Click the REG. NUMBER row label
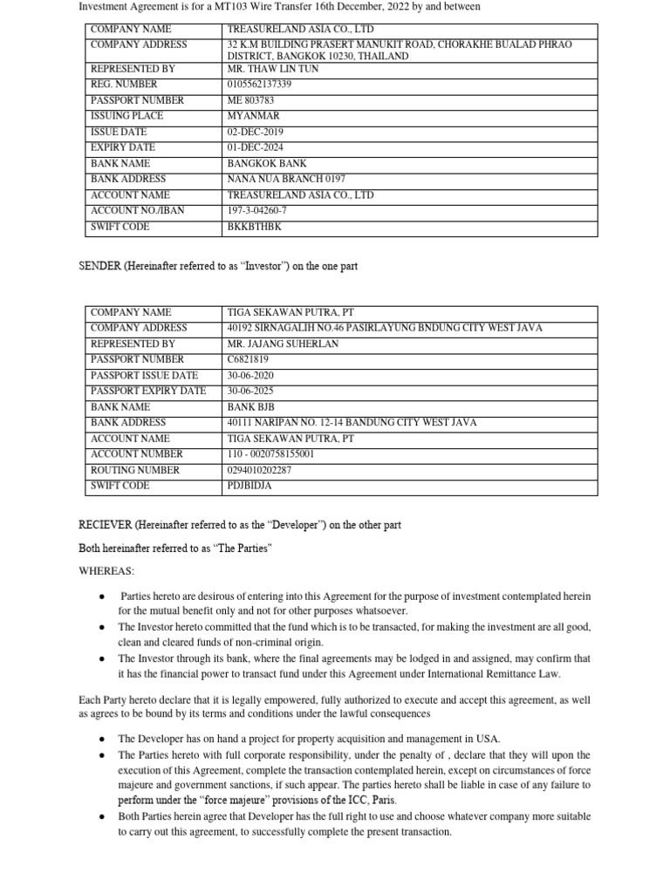(x=124, y=85)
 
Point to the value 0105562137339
(x=259, y=85)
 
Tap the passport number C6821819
(x=249, y=359)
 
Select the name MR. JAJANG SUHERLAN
(x=283, y=344)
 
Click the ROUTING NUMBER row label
(x=135, y=470)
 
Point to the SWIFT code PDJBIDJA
(x=249, y=486)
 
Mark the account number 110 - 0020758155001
(x=270, y=454)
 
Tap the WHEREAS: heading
(x=106, y=570)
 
